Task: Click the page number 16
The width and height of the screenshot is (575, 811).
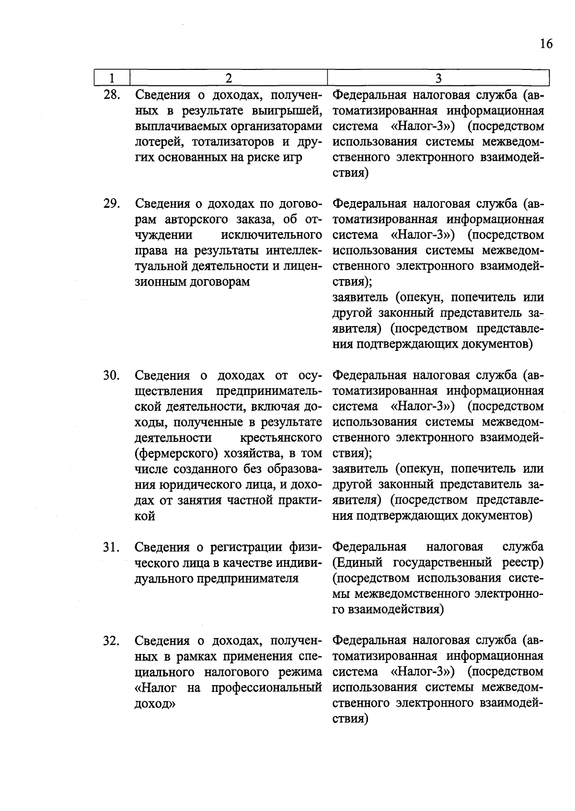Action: click(x=546, y=44)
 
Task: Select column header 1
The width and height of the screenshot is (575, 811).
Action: click(x=112, y=78)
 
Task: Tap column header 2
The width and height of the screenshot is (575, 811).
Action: click(x=229, y=78)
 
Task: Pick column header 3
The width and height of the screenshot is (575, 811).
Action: click(x=438, y=78)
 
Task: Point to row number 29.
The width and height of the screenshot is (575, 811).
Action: click(x=111, y=203)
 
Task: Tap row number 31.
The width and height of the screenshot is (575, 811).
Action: click(x=111, y=547)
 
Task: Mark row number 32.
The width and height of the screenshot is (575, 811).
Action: click(x=111, y=641)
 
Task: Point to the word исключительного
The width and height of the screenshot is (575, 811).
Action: click(x=271, y=235)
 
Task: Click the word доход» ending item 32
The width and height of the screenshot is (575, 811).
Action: click(x=155, y=704)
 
